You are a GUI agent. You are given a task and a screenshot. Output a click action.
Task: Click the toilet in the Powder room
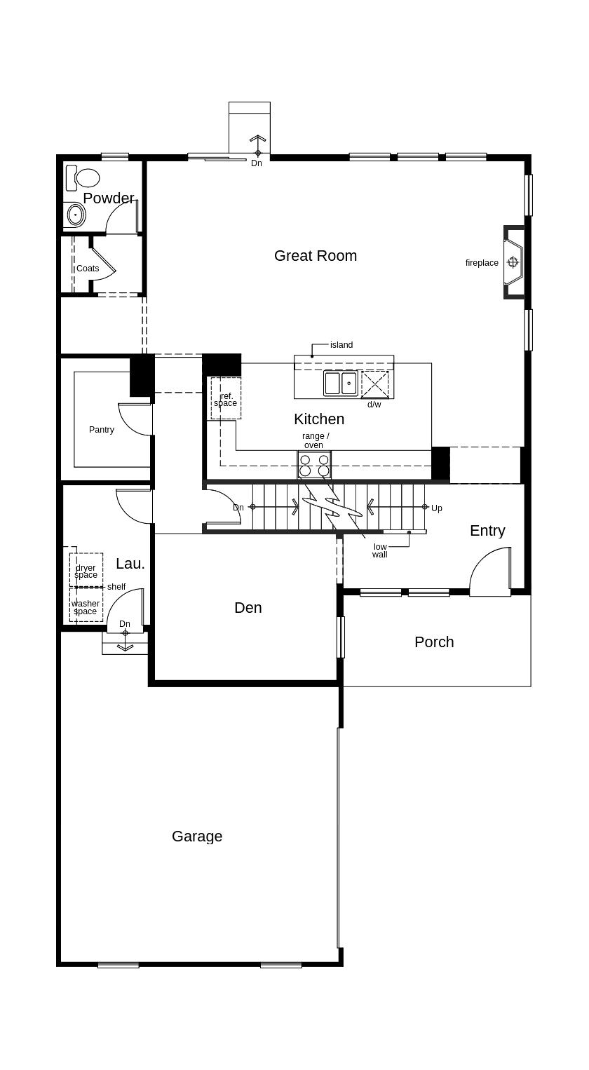point(82,178)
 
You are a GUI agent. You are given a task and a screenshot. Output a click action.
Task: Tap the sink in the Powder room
point(75,215)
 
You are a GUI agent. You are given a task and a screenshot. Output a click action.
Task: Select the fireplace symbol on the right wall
point(513,262)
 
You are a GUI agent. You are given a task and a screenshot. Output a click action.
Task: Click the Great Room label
point(316,255)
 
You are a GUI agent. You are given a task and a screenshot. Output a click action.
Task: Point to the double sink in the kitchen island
point(341,383)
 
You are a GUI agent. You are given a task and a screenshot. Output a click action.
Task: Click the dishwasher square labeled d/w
point(375,384)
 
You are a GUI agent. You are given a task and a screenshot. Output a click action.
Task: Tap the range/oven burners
point(314,466)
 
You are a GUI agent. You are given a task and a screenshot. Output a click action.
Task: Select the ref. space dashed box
point(226,398)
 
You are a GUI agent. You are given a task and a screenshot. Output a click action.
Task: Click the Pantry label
point(102,429)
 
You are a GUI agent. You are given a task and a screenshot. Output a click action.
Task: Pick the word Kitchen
point(319,419)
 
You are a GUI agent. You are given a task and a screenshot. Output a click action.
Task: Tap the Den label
point(248,608)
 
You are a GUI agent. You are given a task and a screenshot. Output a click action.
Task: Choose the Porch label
point(434,642)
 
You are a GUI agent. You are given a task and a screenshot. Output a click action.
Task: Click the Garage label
point(197,836)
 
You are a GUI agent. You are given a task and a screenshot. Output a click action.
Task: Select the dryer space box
point(86,570)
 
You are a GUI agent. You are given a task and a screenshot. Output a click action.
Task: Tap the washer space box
point(86,604)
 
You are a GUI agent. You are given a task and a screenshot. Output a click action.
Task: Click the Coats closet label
point(88,269)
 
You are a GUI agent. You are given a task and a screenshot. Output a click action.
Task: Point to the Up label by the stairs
point(437,508)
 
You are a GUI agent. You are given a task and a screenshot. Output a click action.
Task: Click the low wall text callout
point(380,550)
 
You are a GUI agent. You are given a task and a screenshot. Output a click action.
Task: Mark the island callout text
point(341,345)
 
